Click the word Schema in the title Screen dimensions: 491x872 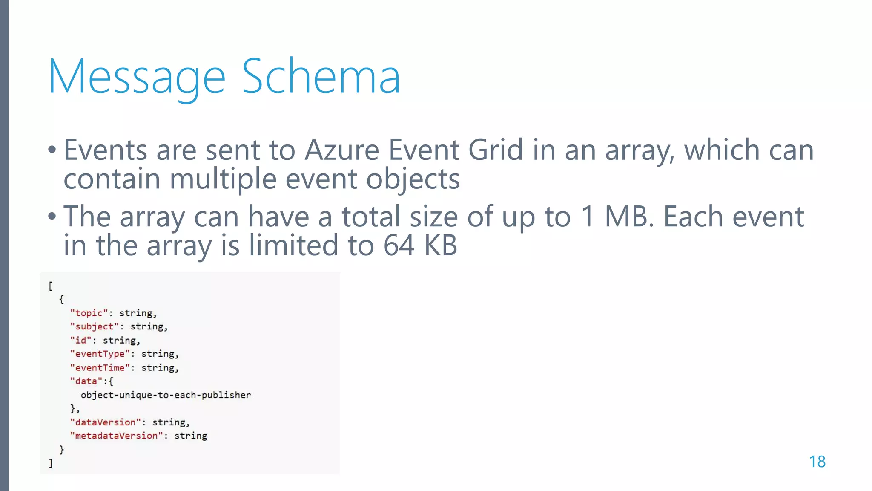point(321,77)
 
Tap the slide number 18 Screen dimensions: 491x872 point(817,462)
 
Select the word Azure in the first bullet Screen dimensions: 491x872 point(341,150)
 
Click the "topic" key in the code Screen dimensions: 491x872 point(89,313)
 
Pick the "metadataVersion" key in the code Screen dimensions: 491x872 point(116,436)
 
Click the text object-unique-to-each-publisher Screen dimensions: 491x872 point(166,395)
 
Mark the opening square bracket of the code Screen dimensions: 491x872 point(51,286)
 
